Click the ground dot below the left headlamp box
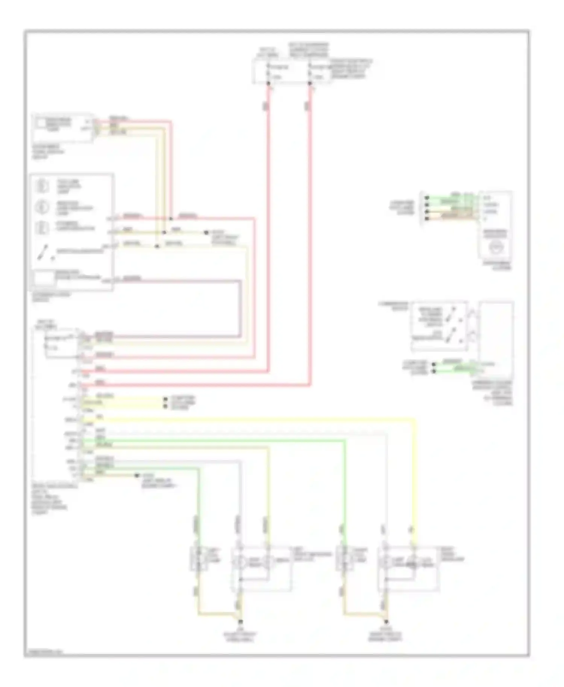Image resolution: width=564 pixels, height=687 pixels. click(240, 621)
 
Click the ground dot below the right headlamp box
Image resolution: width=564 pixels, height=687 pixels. click(385, 622)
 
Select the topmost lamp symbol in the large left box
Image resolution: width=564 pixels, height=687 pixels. click(42, 185)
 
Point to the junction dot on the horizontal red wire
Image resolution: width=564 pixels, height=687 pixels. click(171, 218)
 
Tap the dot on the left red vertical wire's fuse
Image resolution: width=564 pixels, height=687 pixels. click(268, 83)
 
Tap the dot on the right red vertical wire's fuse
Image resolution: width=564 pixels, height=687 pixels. click(310, 83)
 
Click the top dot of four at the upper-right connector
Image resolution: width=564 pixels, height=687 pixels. click(427, 197)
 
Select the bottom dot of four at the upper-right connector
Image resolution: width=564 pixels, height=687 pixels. click(427, 218)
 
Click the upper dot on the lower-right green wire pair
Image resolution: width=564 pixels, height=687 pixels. click(434, 364)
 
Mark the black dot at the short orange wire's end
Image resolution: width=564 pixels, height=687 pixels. click(137, 475)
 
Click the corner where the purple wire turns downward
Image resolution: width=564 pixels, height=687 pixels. click(240, 280)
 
